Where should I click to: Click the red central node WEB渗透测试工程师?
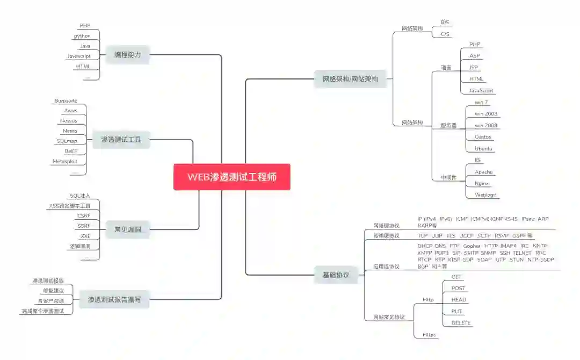(x=231, y=177)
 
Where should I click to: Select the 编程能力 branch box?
(x=127, y=54)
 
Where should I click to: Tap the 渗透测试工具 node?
(x=121, y=140)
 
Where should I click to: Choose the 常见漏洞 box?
(x=127, y=229)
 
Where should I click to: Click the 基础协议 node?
(x=336, y=275)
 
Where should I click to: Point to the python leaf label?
(x=82, y=36)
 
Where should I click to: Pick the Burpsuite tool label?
(x=66, y=100)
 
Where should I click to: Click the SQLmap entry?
(x=67, y=141)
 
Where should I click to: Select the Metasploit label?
(x=65, y=161)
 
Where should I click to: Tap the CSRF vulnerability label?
(x=84, y=215)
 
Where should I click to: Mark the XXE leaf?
(x=85, y=236)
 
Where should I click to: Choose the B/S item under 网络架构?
(x=445, y=23)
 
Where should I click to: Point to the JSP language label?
(x=474, y=68)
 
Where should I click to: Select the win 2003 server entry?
(x=485, y=114)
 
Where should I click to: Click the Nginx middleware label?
(x=482, y=183)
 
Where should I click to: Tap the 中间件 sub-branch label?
(x=449, y=178)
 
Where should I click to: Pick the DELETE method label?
(x=461, y=323)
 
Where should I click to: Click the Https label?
(x=429, y=335)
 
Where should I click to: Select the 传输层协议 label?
(x=386, y=236)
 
